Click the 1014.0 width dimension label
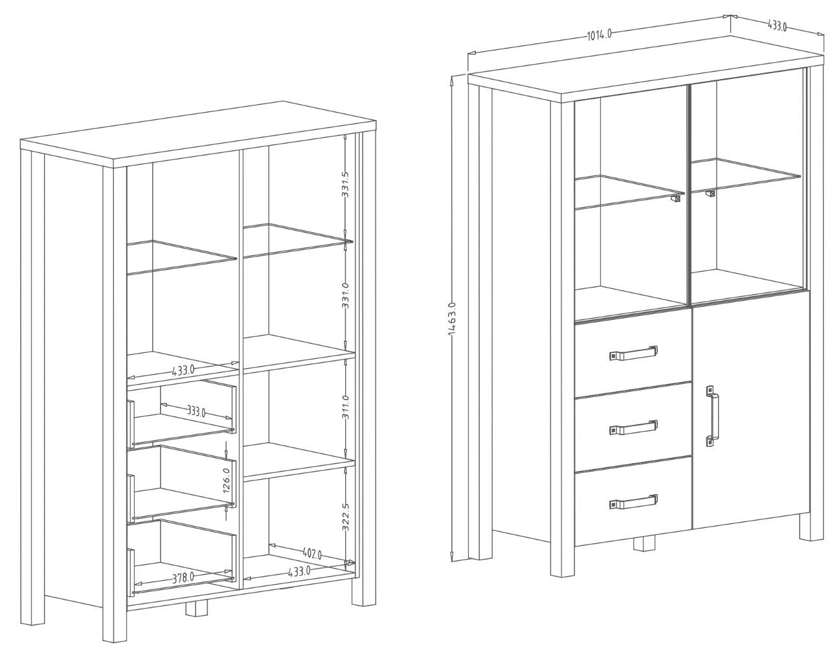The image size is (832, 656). tap(600, 34)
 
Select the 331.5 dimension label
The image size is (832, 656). tap(345, 185)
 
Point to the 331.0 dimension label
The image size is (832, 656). tap(346, 295)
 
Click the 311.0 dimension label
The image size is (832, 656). tap(346, 407)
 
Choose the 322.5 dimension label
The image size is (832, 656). tap(346, 517)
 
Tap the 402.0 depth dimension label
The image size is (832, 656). tap(312, 554)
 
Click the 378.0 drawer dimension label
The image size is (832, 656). tap(183, 578)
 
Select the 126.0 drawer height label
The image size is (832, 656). tap(227, 480)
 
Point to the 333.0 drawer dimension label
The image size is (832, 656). tap(196, 412)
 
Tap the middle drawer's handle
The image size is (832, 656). tap(633, 427)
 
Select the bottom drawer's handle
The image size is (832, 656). tap(633, 501)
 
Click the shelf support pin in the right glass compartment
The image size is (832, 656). tap(710, 194)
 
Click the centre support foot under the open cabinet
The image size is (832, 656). tap(196, 608)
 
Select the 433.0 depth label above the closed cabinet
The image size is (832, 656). tap(777, 25)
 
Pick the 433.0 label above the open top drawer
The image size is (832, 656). tap(183, 370)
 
